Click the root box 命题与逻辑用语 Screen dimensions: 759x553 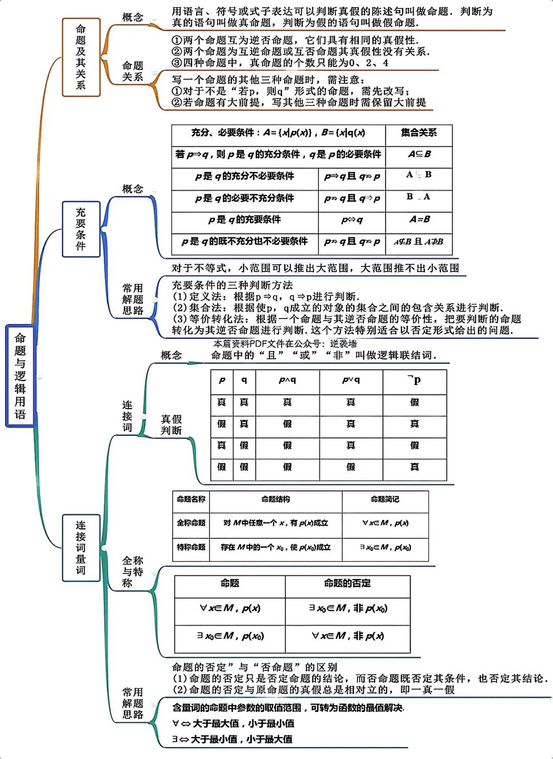pyautogui.click(x=20, y=375)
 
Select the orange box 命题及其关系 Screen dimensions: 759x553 pyautogui.click(x=81, y=57)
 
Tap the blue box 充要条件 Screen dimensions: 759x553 pyautogui.click(x=81, y=229)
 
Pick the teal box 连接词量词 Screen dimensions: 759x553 pyautogui.click(x=81, y=547)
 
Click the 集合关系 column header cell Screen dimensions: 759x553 pyautogui.click(x=418, y=133)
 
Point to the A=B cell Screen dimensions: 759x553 pyautogui.click(x=419, y=219)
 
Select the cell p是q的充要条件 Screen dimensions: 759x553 pyautogui.click(x=244, y=219)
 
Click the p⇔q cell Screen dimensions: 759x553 pyautogui.click(x=352, y=220)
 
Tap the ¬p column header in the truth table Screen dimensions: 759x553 pyautogui.click(x=414, y=380)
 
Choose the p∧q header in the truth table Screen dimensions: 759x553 pyautogui.click(x=287, y=380)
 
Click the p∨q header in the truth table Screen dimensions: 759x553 pyautogui.click(x=351, y=380)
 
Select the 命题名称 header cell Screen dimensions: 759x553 pyautogui.click(x=191, y=499)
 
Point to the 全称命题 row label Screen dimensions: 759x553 pyautogui.click(x=191, y=523)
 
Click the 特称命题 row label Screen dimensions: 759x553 pyautogui.click(x=191, y=547)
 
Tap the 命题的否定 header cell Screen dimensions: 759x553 pyautogui.click(x=347, y=584)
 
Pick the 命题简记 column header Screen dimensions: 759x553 pyautogui.click(x=385, y=499)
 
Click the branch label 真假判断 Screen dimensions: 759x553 pyautogui.click(x=171, y=425)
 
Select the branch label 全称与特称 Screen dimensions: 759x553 pyautogui.click(x=132, y=572)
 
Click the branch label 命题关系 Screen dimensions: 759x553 pyautogui.click(x=132, y=71)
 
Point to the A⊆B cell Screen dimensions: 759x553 pyautogui.click(x=419, y=154)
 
